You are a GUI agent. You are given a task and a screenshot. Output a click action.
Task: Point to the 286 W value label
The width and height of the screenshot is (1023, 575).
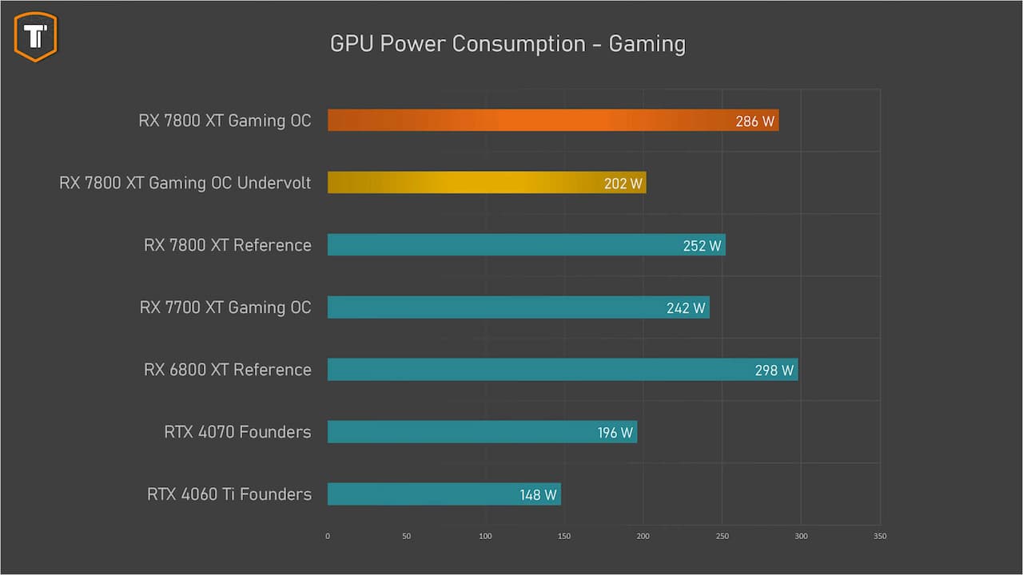click(x=755, y=121)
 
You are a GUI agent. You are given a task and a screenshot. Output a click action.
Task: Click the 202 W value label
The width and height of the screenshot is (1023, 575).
click(x=623, y=184)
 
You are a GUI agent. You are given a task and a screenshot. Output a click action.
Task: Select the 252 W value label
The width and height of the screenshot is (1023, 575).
click(x=703, y=246)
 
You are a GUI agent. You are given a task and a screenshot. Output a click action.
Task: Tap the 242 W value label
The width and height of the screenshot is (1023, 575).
click(x=687, y=308)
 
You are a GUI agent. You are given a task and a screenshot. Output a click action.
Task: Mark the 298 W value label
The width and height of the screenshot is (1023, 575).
click(x=774, y=371)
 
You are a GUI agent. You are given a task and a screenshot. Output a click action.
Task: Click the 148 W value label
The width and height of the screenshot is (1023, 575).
click(x=538, y=495)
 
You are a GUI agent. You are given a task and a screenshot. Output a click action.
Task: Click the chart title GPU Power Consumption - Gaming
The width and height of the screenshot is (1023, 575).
click(x=508, y=43)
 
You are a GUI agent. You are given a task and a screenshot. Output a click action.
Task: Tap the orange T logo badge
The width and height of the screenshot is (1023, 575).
click(x=35, y=36)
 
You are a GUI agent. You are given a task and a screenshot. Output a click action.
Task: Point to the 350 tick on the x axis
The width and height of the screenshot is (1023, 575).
click(x=880, y=536)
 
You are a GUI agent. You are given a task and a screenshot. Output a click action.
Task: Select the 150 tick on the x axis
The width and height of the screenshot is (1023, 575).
click(x=564, y=536)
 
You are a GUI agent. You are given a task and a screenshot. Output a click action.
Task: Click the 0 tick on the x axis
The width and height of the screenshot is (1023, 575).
click(x=328, y=536)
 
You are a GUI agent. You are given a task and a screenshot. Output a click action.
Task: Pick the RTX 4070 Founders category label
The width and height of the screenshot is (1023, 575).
click(x=237, y=432)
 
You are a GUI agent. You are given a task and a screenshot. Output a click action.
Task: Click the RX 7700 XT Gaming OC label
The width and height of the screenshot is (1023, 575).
click(x=225, y=307)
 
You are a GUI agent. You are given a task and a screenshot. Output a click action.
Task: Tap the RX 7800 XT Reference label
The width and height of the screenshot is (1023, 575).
click(x=228, y=245)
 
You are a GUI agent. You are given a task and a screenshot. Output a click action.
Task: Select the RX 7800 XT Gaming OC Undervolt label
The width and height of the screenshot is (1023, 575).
click(x=185, y=183)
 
